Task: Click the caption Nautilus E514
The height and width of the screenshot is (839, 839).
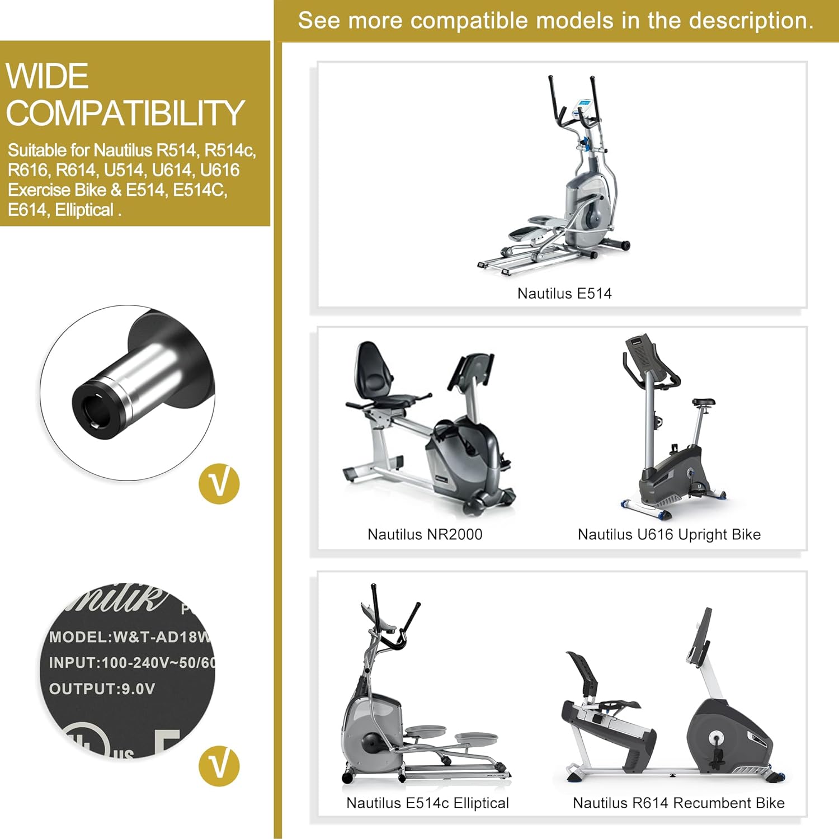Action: [x=564, y=294]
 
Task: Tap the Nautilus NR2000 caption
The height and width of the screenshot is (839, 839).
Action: [x=425, y=535]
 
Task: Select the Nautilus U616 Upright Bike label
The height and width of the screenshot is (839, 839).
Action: [x=669, y=535]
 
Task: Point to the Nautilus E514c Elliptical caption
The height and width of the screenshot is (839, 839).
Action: [x=427, y=803]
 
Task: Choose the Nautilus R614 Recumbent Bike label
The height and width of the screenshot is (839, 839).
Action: [x=678, y=803]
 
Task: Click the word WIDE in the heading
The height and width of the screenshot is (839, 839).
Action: [x=48, y=77]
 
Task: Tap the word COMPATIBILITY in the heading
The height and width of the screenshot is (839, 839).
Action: [x=125, y=114]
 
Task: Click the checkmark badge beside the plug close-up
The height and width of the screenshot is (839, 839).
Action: [x=219, y=484]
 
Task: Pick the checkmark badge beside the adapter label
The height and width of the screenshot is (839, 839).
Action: [x=219, y=766]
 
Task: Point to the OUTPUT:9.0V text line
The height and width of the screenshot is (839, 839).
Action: [x=102, y=689]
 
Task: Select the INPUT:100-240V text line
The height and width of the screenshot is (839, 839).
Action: [x=132, y=663]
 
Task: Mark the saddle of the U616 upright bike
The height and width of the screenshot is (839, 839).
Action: [x=703, y=402]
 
